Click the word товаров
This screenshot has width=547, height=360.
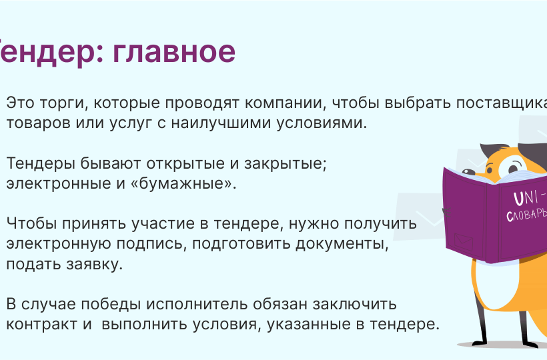(39, 123)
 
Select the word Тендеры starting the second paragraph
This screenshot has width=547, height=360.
(41, 163)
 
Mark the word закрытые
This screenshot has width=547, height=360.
(285, 163)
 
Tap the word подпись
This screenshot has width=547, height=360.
(149, 243)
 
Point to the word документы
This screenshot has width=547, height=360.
(342, 243)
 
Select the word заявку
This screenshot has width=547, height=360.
(94, 264)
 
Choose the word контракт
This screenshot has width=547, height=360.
(42, 324)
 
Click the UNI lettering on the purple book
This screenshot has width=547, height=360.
(526, 198)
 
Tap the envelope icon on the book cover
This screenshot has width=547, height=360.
(464, 241)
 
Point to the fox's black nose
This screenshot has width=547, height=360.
(468, 172)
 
